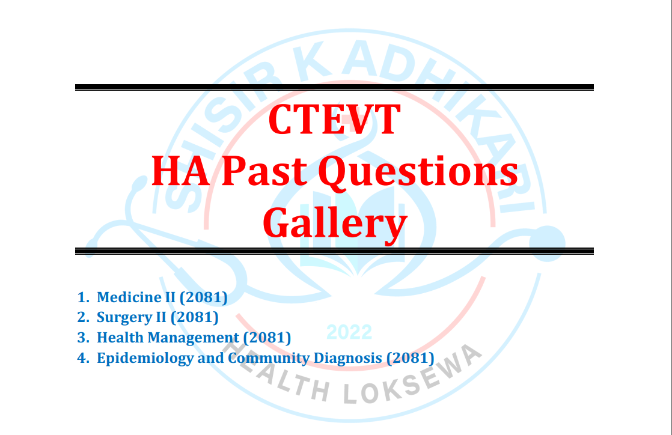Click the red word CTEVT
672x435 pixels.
click(334, 120)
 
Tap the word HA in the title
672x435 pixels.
click(180, 171)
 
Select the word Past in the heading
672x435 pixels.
click(264, 171)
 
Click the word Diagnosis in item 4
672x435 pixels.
click(347, 358)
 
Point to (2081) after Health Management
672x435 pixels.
click(267, 338)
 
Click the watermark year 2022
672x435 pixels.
click(349, 332)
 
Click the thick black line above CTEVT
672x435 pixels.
click(334, 87)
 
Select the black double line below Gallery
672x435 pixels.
click(334, 251)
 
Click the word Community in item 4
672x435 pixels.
click(269, 358)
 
